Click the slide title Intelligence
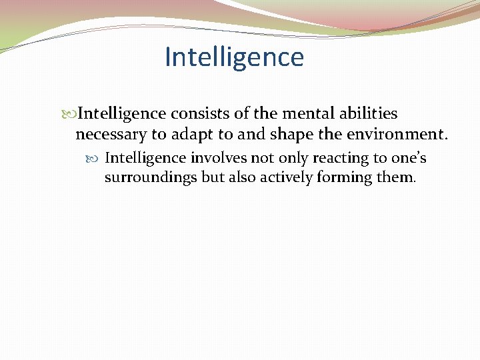pos(234,57)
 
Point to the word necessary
pos(111,135)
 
